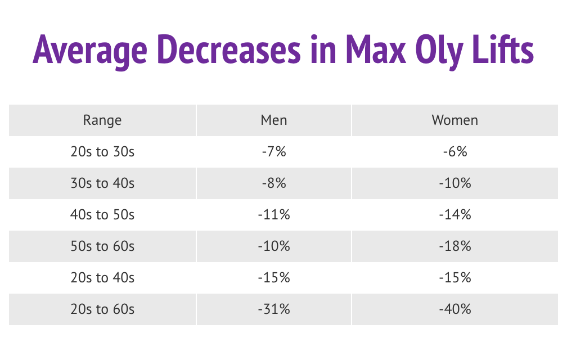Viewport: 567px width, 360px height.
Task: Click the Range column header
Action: click(102, 120)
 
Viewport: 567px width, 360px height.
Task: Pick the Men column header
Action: click(274, 120)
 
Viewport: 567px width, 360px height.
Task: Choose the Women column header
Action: click(454, 120)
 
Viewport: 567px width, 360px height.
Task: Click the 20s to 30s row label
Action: click(102, 151)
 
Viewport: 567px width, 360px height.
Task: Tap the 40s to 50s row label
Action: click(102, 214)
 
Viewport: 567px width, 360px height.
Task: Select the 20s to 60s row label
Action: click(102, 309)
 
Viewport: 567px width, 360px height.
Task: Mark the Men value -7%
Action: click(274, 151)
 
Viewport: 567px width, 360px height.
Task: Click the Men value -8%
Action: click(274, 183)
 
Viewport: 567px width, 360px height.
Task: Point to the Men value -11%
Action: click(274, 214)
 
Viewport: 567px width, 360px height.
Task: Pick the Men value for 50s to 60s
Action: click(274, 246)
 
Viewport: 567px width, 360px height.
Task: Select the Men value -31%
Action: click(274, 309)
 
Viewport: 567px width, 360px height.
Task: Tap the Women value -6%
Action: click(454, 151)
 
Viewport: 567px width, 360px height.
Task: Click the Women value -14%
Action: click(454, 214)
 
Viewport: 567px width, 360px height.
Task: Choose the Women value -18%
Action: click(454, 246)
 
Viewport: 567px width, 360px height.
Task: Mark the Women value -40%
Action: click(454, 309)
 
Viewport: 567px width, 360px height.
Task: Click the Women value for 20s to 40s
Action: click(454, 277)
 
